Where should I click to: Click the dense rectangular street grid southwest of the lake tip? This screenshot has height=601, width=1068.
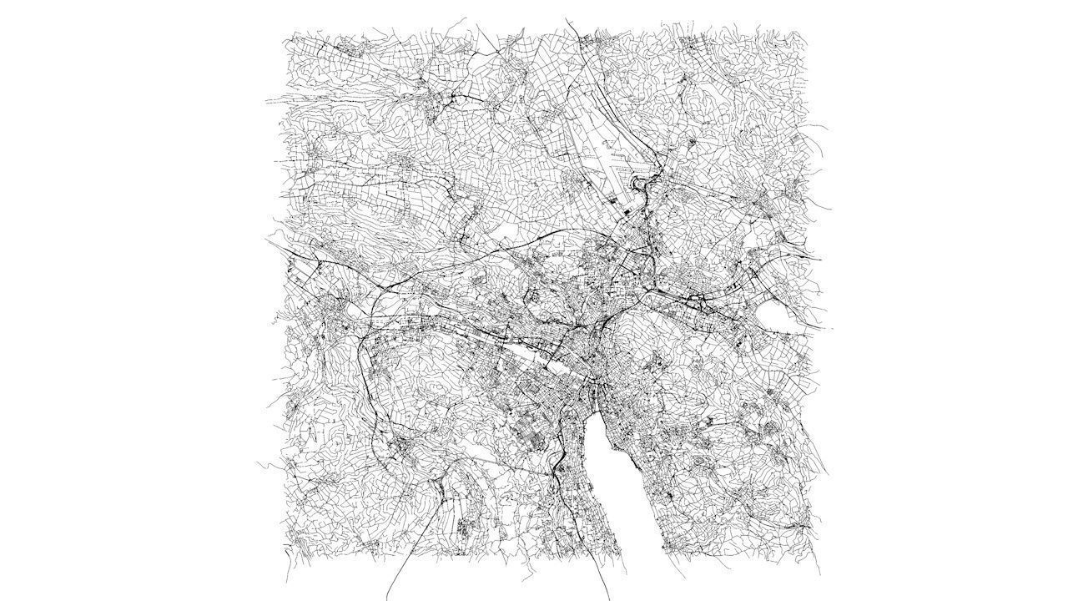pos(534,434)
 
